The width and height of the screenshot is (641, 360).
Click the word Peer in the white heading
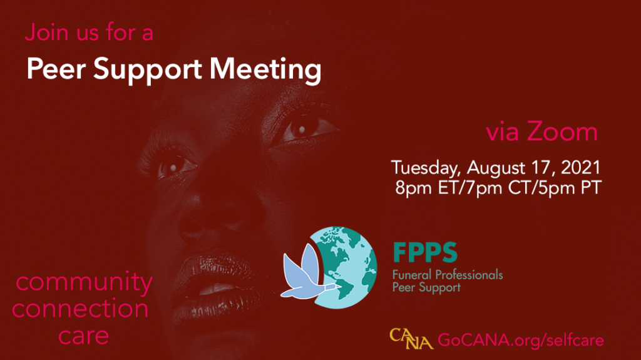56,68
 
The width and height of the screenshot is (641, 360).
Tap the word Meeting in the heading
265,70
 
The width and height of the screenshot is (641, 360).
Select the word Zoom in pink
562,131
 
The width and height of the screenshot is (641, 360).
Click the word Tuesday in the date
426,168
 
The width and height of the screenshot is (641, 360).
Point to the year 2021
580,167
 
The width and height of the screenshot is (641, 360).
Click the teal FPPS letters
425,252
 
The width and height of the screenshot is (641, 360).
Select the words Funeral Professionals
448,274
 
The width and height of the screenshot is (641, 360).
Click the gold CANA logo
411,339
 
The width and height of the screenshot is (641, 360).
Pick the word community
85,283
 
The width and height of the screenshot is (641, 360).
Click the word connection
80,309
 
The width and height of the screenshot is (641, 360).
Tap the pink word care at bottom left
83,336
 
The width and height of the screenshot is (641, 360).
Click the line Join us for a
89,33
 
